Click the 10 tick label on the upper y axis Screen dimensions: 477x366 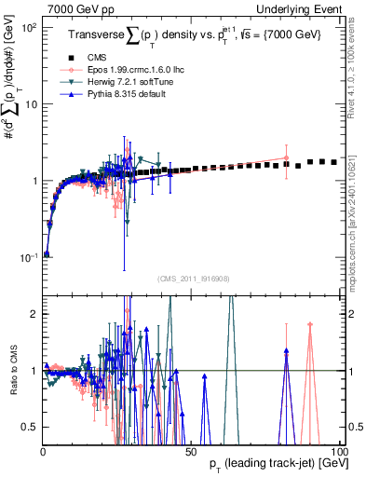30,103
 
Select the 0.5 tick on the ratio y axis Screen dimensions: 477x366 30,427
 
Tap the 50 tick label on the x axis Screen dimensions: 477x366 191,451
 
